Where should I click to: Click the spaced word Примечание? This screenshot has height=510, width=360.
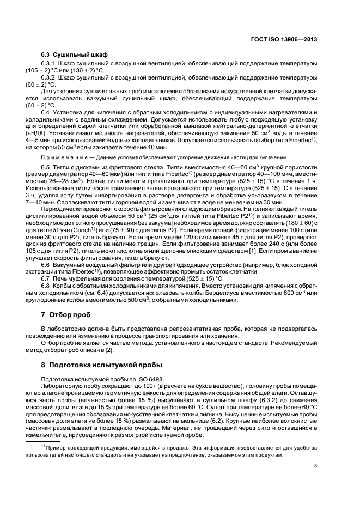click(x=63, y=157)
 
